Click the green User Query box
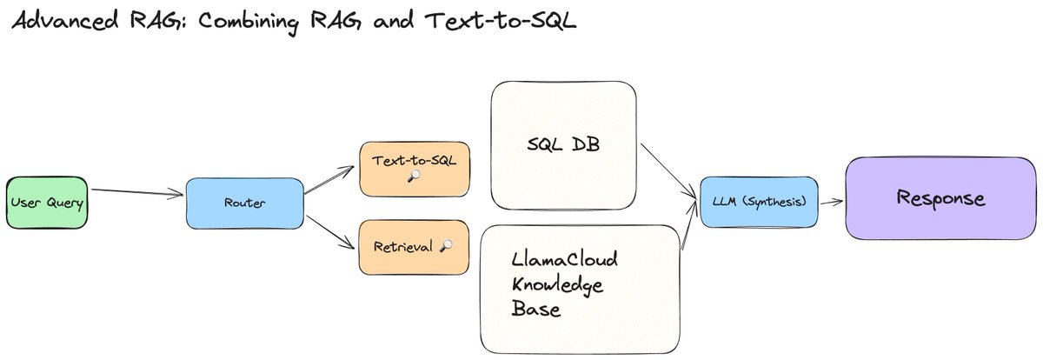(47, 203)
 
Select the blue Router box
(245, 203)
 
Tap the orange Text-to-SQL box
(415, 169)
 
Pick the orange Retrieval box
(414, 247)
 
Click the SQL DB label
(563, 144)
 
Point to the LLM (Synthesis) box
(759, 202)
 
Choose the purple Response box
(941, 198)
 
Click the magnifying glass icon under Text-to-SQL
(414, 176)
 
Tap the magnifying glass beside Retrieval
(446, 245)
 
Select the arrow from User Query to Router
(137, 192)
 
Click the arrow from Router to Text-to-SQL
(329, 180)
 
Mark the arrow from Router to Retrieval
(330, 232)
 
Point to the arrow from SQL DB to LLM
(668, 172)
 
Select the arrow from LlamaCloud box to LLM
(689, 225)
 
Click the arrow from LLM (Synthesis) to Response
(832, 202)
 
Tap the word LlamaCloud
(564, 259)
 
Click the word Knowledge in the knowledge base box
(557, 285)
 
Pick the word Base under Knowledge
(536, 310)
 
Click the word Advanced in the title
(65, 20)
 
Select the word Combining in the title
(249, 23)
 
